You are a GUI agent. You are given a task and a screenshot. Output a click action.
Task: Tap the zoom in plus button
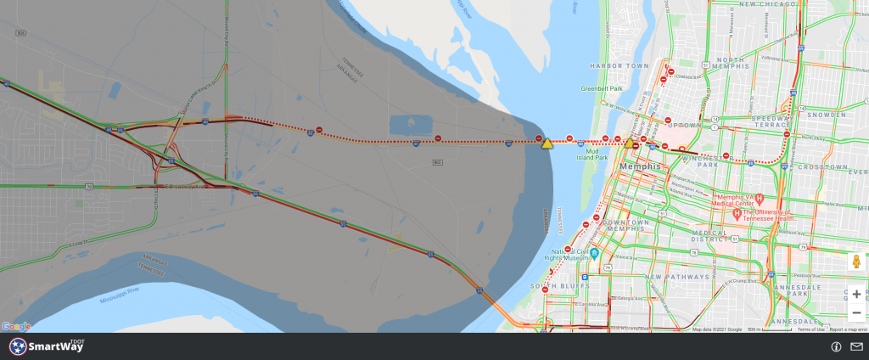(857, 295)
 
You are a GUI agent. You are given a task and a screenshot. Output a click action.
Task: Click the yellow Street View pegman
(857, 262)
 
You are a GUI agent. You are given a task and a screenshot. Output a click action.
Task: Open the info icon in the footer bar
(836, 346)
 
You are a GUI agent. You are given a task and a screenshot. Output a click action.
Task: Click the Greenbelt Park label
(602, 88)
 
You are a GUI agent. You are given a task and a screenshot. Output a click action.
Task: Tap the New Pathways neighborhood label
(676, 278)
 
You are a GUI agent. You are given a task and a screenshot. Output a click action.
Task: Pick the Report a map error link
(848, 329)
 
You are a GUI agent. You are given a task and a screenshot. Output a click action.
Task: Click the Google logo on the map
(16, 326)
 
